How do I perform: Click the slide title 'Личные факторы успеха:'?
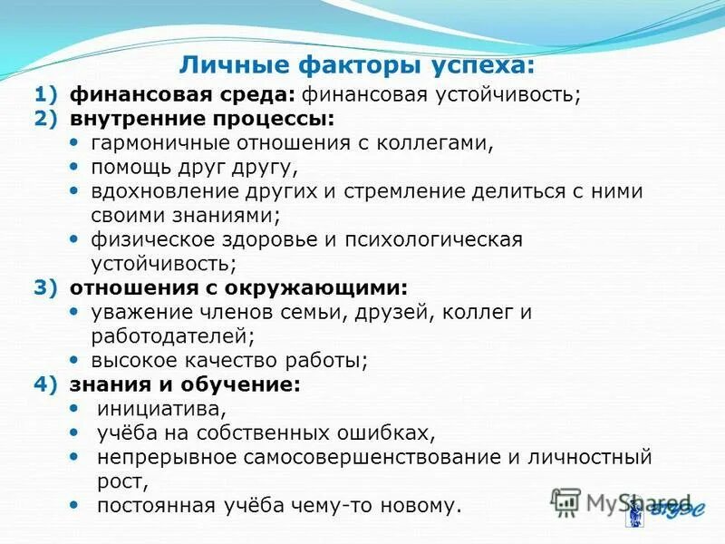pyautogui.click(x=356, y=65)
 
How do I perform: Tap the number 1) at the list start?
pyautogui.click(x=45, y=94)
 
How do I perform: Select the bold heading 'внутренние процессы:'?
pyautogui.click(x=200, y=119)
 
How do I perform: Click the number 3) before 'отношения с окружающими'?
pyautogui.click(x=45, y=287)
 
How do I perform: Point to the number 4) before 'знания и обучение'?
pyautogui.click(x=45, y=384)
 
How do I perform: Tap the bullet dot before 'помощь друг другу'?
pyautogui.click(x=74, y=167)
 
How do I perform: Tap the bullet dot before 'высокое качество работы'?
pyautogui.click(x=74, y=360)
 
